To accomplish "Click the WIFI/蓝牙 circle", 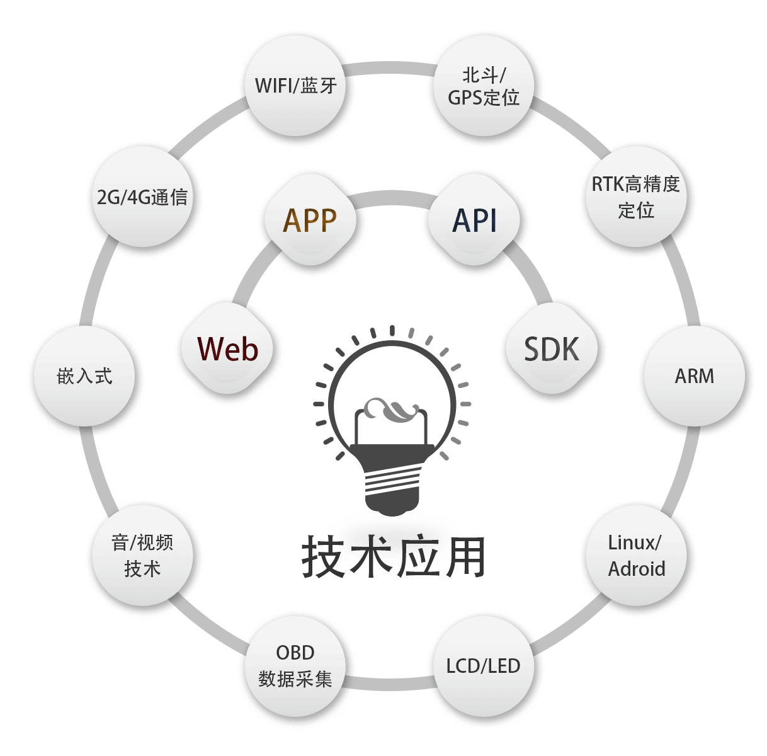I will click(295, 85).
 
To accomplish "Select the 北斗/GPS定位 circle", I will click(484, 86).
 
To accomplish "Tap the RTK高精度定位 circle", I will click(635, 197).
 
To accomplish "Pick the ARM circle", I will click(694, 376).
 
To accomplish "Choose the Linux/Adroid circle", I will click(636, 556).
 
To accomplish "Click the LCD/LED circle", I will click(484, 667).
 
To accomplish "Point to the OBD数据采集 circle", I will click(295, 667).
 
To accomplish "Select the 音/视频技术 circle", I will click(142, 556).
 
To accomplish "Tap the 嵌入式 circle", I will click(84, 376).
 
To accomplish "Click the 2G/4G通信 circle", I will click(142, 197).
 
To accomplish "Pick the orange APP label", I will click(310, 220).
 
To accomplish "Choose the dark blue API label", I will click(475, 220).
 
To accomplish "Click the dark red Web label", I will click(227, 348).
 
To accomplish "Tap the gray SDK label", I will click(552, 348).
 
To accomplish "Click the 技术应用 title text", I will click(393, 557).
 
